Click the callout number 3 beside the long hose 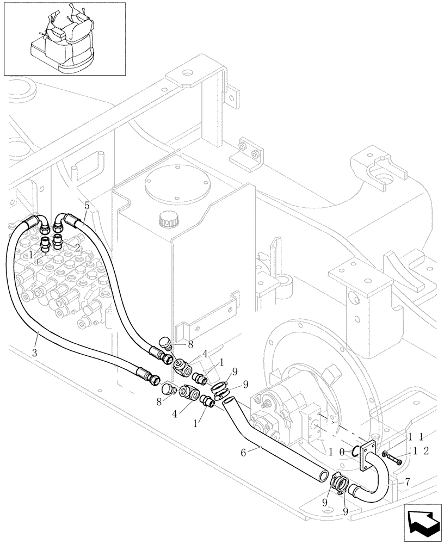[x=34, y=353]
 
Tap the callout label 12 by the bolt [x=420, y=451]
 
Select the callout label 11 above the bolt [x=417, y=436]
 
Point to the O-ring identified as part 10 [x=356, y=449]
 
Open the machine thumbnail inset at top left [x=64, y=39]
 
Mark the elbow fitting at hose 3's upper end [x=38, y=221]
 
